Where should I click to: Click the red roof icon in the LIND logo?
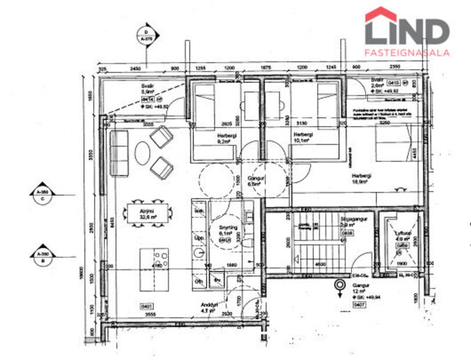[380, 15]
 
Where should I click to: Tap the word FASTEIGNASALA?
[407, 52]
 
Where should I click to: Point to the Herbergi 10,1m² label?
[303, 137]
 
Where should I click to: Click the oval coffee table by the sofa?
[143, 153]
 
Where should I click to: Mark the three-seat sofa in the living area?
[118, 154]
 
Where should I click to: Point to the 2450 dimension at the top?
[135, 69]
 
